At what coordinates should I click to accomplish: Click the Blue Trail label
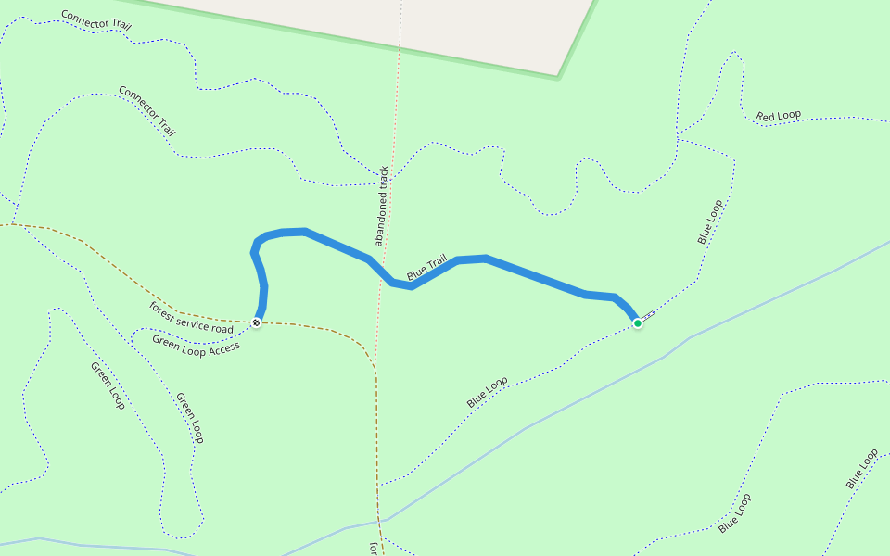426,267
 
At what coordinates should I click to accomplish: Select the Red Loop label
779,116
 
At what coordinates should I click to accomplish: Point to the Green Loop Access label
196,344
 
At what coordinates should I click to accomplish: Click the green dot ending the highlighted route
637,322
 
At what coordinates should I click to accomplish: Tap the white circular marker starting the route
256,322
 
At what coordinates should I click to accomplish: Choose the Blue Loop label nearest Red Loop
709,221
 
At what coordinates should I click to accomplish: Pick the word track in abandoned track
383,182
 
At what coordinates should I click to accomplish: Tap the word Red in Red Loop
766,117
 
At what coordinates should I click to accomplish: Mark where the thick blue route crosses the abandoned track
380,271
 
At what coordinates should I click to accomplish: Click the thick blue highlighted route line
538,278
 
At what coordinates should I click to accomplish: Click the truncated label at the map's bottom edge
374,549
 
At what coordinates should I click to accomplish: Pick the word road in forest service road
222,328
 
